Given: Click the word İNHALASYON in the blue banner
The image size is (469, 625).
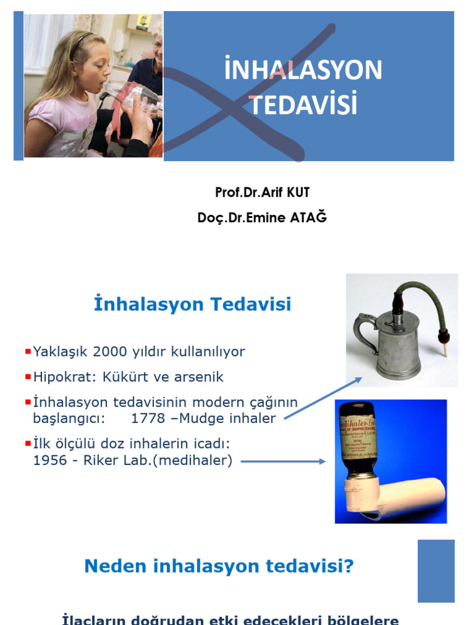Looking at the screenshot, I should pos(303,70).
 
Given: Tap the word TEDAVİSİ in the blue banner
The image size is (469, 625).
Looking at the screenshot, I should pos(303,104).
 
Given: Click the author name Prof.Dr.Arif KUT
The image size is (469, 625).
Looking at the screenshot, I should pos(262,193).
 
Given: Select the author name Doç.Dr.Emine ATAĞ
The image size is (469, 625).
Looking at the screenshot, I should pos(262,217).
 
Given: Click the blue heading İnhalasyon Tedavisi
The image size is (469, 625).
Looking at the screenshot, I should pos(192,305).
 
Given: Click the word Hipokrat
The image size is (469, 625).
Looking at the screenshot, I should pos(59,377).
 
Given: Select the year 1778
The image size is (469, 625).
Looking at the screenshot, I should pos(148,419).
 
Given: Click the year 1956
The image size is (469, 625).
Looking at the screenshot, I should pos(49,461).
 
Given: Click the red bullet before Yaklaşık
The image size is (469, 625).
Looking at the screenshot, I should pos(28,352).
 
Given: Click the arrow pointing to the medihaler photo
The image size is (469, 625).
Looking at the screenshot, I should pos(283,461).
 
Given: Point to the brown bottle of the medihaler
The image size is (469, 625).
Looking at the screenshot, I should pos(358,439).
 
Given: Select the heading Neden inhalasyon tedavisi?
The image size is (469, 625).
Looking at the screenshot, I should pos(219,566).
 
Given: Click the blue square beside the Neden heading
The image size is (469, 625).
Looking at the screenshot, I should pos(436,571).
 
